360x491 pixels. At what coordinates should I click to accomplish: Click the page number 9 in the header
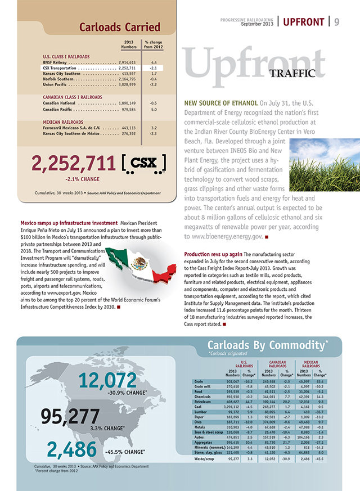(x=336, y=22)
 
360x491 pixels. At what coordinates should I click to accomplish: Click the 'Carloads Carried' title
(x=119, y=27)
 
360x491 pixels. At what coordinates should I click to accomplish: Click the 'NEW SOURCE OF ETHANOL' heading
(x=221, y=103)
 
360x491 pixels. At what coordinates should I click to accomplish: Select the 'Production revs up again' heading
(x=217, y=255)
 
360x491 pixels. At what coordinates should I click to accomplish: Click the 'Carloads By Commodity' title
(x=268, y=345)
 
